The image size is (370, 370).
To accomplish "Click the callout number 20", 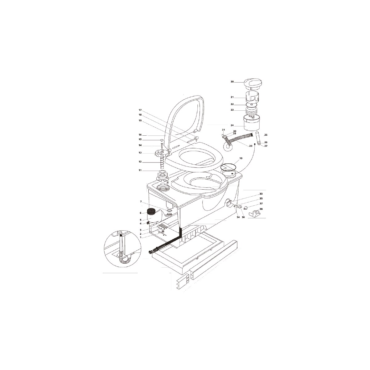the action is pos(232,82).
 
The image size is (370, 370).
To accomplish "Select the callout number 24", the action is pos(232,125).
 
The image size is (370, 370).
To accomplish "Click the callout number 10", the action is pos(241,158).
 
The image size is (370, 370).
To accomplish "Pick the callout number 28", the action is pos(251,146).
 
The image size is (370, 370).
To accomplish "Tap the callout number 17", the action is pos(140,110).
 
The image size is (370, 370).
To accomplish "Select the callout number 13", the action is pos(140,153).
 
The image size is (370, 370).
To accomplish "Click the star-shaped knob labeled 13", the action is pos(162,153).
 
